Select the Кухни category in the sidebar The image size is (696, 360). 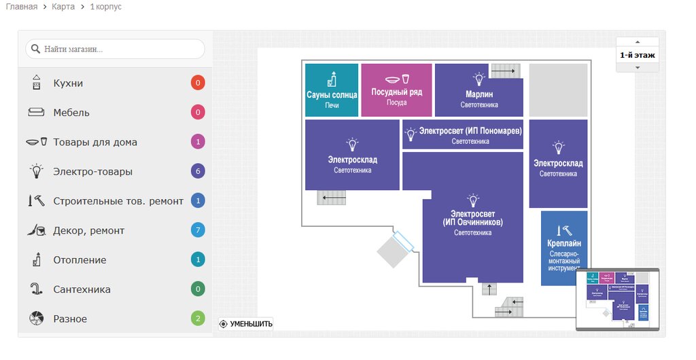[68, 84]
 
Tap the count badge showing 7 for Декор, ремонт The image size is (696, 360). [198, 230]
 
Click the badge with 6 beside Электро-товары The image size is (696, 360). [198, 171]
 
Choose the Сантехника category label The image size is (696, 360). [82, 289]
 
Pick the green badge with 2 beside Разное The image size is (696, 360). [198, 319]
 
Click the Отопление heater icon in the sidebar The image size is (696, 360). [37, 259]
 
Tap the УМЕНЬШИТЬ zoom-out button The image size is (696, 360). [246, 324]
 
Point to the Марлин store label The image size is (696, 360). [479, 94]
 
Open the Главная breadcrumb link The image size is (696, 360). [22, 7]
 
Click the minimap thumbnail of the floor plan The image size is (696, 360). [618, 300]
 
